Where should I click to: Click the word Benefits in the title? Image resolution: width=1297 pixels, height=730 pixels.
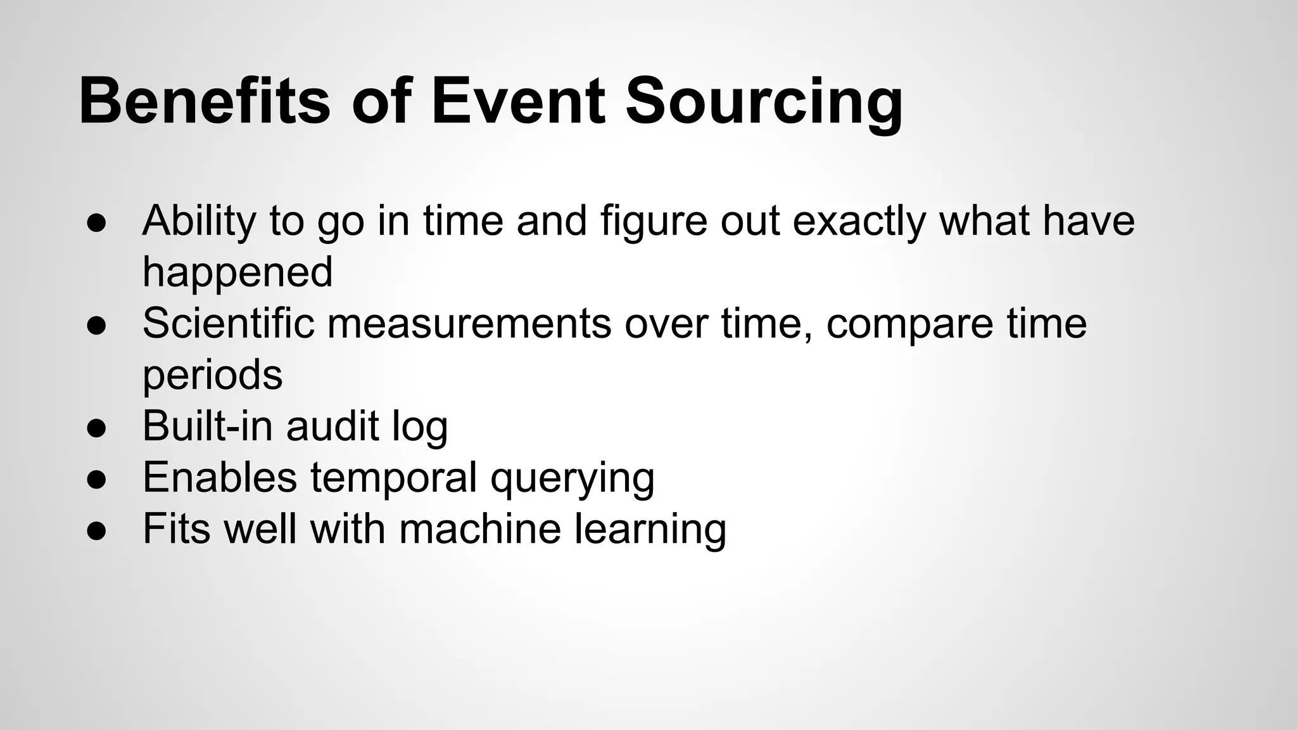[x=204, y=101]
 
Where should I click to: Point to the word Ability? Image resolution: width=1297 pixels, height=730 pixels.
[x=198, y=222]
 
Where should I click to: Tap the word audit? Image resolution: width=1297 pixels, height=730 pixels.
[x=332, y=426]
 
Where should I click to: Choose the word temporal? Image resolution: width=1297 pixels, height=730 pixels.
[x=393, y=478]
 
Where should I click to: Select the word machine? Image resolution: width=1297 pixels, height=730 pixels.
[x=480, y=529]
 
